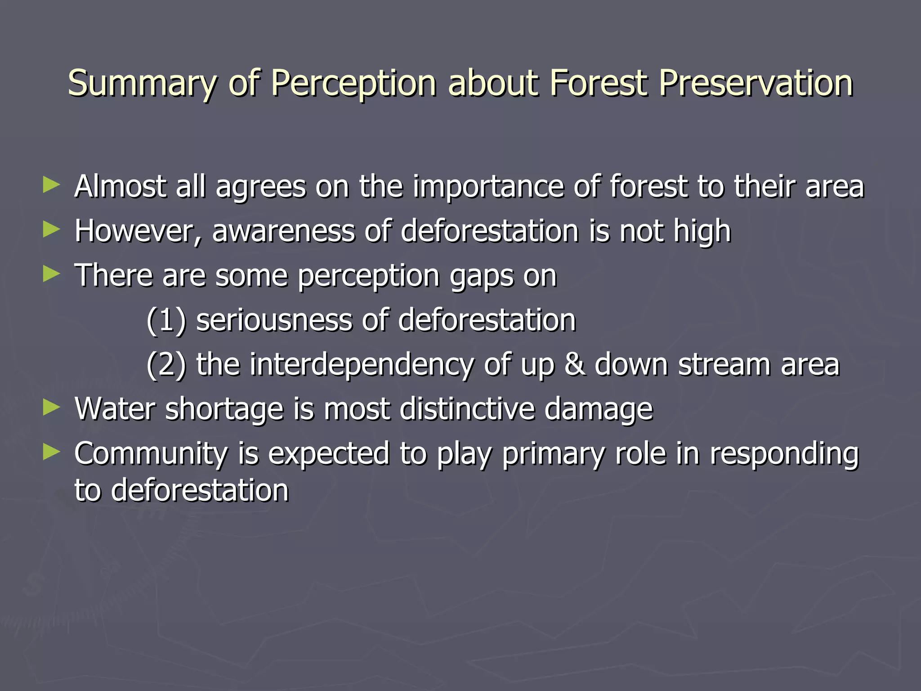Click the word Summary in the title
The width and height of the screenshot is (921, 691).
142,84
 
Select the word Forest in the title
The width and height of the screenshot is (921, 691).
599,83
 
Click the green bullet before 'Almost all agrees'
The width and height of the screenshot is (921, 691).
51,185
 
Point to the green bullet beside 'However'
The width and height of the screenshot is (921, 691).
51,230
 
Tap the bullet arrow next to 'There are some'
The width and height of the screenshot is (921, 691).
51,274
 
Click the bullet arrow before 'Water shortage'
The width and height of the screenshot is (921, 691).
51,408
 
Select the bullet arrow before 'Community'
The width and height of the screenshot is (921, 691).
51,452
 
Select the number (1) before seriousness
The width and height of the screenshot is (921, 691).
166,321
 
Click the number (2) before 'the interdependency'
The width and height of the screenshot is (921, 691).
166,365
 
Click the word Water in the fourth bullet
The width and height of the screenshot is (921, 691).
115,409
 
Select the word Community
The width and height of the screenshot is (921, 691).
151,453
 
